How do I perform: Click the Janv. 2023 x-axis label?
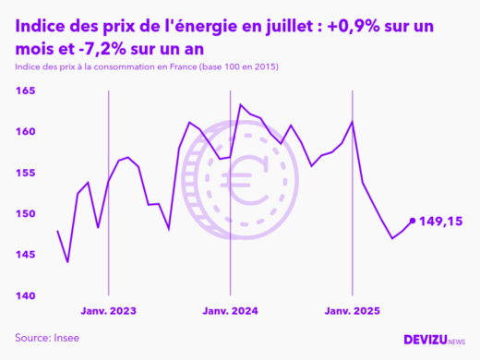(x=109, y=312)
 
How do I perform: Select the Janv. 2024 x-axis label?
(x=231, y=312)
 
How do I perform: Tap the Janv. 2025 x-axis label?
(x=352, y=312)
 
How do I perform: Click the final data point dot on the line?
(x=412, y=221)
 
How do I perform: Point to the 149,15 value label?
(x=440, y=222)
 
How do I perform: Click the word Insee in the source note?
(x=66, y=338)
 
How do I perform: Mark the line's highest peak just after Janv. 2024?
(x=241, y=104)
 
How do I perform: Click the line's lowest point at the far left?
(x=67, y=262)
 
